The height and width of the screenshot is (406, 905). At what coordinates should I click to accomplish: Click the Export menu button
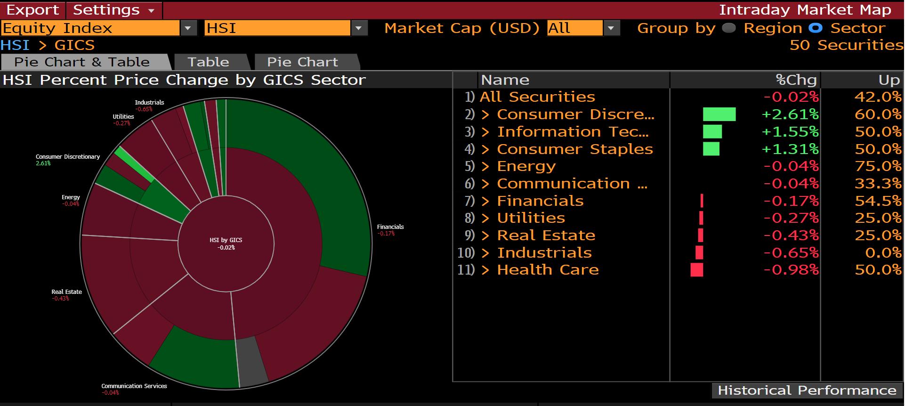pos(32,10)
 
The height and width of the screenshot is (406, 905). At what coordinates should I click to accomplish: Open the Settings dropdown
pos(113,10)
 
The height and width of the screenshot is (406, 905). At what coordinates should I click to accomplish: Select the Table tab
pos(209,62)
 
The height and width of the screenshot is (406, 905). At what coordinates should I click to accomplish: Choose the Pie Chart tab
pos(302,62)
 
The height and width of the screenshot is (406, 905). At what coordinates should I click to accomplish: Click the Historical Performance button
pos(807,390)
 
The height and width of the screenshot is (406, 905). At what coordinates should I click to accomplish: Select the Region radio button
pos(729,28)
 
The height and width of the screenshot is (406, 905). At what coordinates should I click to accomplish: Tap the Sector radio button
pos(816,28)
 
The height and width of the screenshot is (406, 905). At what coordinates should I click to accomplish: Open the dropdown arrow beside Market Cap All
pos(611,28)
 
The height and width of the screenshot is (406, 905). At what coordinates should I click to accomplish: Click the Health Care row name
pos(548,270)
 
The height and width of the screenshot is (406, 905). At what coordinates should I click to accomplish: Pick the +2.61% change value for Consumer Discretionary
pos(790,114)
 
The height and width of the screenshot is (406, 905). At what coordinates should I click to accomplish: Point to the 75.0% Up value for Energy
pos(878,166)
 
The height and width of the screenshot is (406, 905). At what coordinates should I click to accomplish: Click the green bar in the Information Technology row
pos(712,132)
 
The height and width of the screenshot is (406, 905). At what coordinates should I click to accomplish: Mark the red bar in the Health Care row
pos(696,270)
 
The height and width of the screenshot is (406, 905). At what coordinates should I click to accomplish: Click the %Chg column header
pos(796,80)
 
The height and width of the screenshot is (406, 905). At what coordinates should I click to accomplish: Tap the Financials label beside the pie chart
pos(390,227)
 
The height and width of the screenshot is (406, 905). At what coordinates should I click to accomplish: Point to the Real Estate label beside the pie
pos(66,292)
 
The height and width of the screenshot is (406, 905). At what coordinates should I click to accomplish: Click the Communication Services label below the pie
pos(134,386)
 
